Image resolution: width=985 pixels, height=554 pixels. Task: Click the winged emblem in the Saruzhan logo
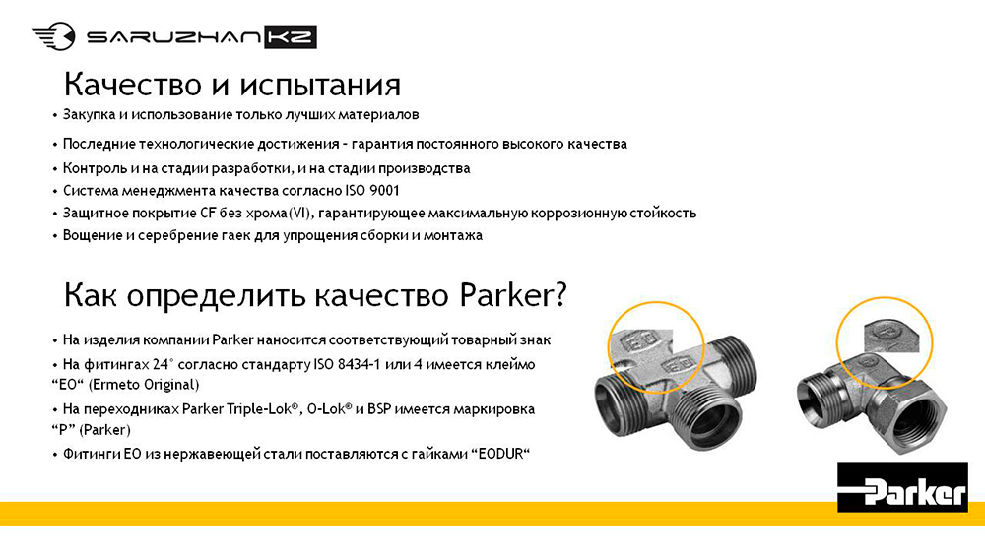click(x=53, y=35)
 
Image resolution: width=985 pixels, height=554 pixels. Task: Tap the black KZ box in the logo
click(x=291, y=37)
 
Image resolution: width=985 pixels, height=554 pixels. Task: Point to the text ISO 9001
click(x=372, y=191)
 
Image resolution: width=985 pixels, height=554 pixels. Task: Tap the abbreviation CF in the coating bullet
click(x=208, y=214)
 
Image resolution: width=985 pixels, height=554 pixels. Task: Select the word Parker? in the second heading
click(x=513, y=295)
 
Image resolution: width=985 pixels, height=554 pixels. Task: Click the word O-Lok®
click(x=329, y=409)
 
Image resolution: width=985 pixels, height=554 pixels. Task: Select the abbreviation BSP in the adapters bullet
click(x=379, y=409)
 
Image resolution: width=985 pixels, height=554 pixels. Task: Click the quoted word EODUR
click(x=500, y=454)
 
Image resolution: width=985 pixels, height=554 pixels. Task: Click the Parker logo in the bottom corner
click(x=902, y=487)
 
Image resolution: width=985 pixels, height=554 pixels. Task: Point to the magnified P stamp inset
click(x=891, y=334)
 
